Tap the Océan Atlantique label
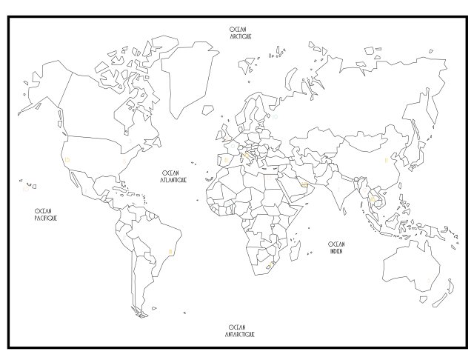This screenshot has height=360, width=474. click(x=175, y=176)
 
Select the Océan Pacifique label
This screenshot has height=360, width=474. click(x=46, y=215)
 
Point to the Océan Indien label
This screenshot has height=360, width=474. click(x=337, y=247)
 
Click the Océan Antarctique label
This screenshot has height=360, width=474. click(x=237, y=330)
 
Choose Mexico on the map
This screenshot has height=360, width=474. click(x=89, y=181)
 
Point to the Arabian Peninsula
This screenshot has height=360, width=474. click(x=293, y=185)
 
